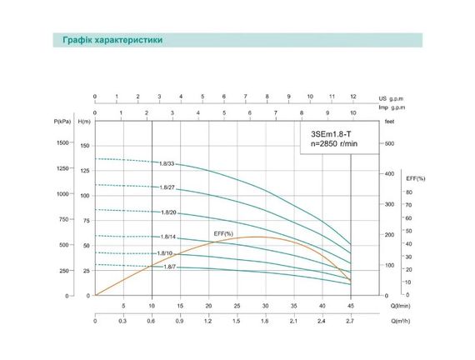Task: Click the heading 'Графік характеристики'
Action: coord(112,40)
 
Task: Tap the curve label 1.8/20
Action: coord(168,212)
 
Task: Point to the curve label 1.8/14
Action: coord(168,237)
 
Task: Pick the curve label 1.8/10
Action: coord(164,252)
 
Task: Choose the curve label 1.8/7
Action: coord(169,267)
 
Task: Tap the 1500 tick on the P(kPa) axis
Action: coord(65,143)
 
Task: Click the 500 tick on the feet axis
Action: coord(388,143)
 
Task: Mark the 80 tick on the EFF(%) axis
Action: coord(409,192)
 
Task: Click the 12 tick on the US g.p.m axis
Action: coord(353,97)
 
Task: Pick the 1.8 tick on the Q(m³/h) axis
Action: coord(265,321)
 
